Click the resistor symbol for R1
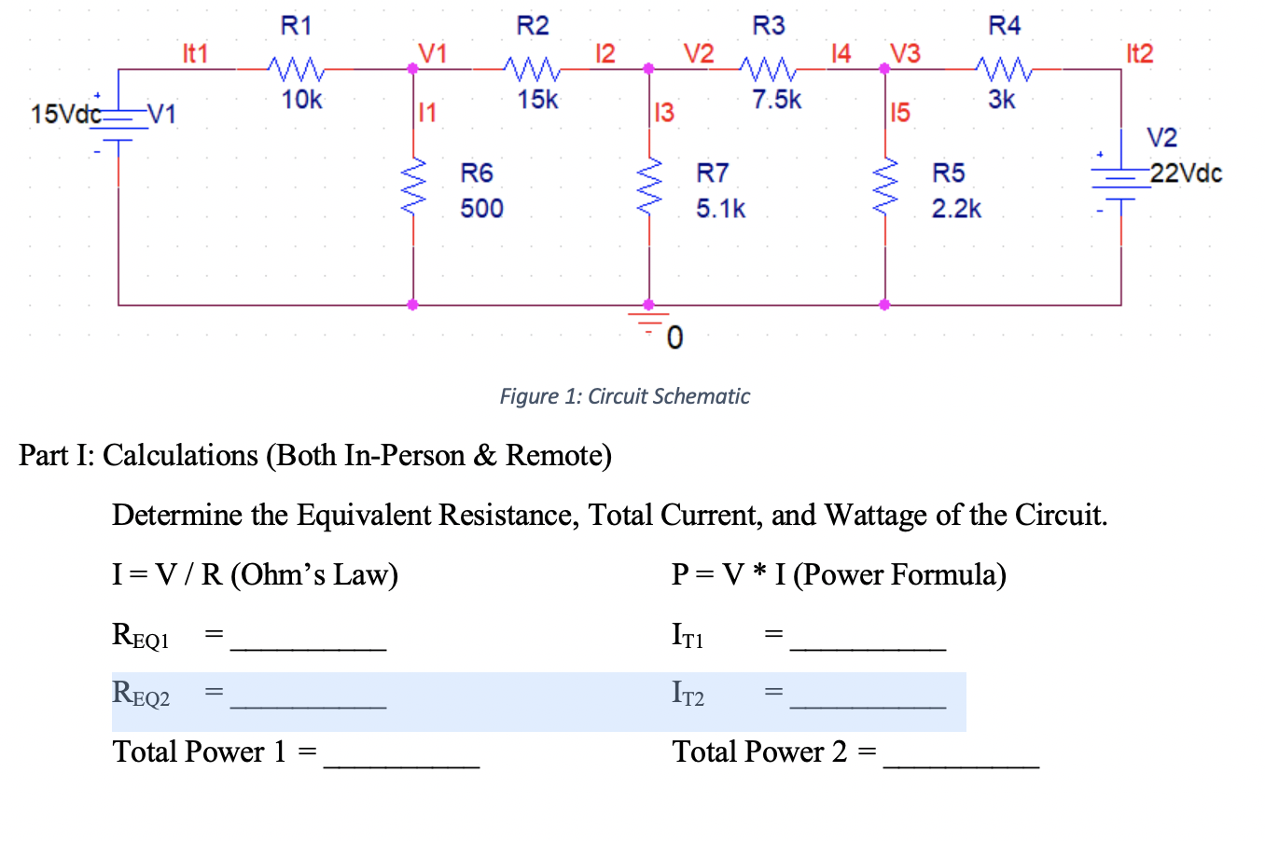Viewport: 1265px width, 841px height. (x=296, y=69)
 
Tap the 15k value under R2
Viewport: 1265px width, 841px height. (x=537, y=99)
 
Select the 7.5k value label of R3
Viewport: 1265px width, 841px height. (x=776, y=99)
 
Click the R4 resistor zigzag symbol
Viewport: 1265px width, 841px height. (x=1004, y=69)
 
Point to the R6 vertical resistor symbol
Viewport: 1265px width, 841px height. (x=413, y=186)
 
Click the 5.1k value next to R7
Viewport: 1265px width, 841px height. (x=720, y=208)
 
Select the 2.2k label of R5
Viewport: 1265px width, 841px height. (x=956, y=208)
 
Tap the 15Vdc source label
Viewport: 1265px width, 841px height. (x=65, y=115)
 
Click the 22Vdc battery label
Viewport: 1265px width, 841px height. (x=1186, y=173)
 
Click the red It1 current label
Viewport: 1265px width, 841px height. (x=195, y=53)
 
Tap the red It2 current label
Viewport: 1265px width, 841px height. (x=1139, y=53)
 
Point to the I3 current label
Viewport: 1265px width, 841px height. (x=663, y=114)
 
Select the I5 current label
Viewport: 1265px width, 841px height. (x=899, y=114)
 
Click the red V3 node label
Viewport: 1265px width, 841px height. (x=904, y=53)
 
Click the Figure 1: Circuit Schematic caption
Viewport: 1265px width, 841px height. (x=624, y=396)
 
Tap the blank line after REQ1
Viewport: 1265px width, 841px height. (x=308, y=639)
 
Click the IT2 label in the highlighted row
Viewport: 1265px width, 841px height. (x=688, y=693)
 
